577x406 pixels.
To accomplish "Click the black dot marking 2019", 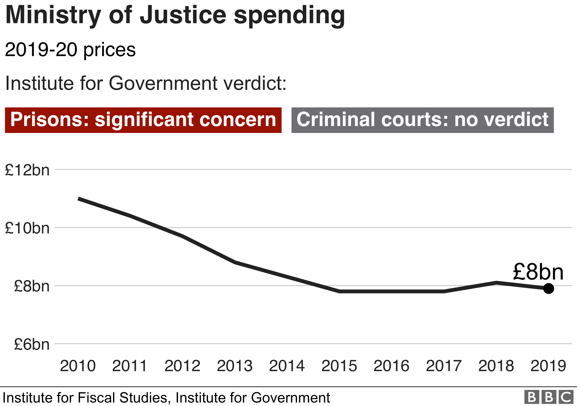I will [x=548, y=288].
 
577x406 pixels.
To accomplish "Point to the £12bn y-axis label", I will [x=27, y=170].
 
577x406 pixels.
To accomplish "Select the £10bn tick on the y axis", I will [x=27, y=228].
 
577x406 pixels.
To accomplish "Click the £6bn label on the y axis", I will [x=32, y=345].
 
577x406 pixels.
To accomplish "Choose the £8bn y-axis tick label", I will [x=32, y=286].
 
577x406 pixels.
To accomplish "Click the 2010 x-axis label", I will [x=78, y=366].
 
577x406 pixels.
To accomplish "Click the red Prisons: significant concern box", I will [x=143, y=120].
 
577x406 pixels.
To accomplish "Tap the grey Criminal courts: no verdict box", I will [x=422, y=120].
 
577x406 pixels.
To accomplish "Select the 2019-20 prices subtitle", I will [x=70, y=50].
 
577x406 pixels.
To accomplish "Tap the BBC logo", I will [x=549, y=397].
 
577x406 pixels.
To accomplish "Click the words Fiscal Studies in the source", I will [x=122, y=398].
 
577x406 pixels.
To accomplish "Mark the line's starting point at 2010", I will [x=79, y=199].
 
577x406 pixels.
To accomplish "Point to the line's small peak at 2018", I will [x=496, y=283].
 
